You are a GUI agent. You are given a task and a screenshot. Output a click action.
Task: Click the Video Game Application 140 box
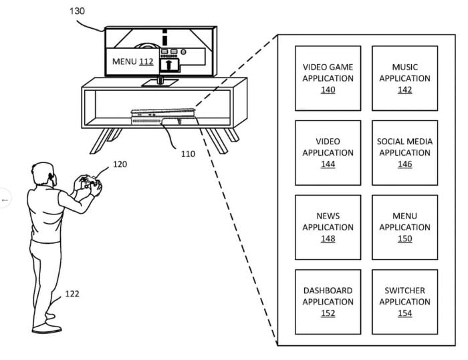[328, 78]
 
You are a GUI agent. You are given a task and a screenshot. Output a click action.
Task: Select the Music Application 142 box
[404, 78]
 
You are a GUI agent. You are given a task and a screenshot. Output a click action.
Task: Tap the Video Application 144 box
[328, 153]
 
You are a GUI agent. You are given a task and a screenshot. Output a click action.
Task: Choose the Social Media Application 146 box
[404, 153]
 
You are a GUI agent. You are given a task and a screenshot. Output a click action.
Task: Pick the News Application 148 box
[328, 227]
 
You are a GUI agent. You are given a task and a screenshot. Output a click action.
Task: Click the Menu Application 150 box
[404, 227]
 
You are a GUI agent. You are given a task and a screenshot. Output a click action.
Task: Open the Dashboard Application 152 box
[328, 302]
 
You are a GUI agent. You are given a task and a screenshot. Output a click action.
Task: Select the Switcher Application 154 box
[404, 302]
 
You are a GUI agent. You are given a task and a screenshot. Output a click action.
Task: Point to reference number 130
[77, 11]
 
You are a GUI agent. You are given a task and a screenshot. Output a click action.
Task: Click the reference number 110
[188, 154]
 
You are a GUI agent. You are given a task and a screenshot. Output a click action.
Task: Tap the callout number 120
[120, 164]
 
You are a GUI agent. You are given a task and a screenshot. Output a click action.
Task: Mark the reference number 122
[72, 294]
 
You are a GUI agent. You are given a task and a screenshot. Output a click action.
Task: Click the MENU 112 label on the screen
[133, 61]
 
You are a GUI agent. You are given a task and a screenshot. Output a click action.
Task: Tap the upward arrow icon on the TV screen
[169, 65]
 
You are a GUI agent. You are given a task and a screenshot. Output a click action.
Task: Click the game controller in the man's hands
[89, 182]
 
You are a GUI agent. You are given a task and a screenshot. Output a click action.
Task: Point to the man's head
[44, 174]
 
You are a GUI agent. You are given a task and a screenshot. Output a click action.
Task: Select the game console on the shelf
[164, 117]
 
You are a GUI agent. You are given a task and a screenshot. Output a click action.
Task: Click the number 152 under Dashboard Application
[328, 313]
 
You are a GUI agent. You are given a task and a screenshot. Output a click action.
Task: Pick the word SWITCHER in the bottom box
[404, 291]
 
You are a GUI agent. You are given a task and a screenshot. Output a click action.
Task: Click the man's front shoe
[47, 329]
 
